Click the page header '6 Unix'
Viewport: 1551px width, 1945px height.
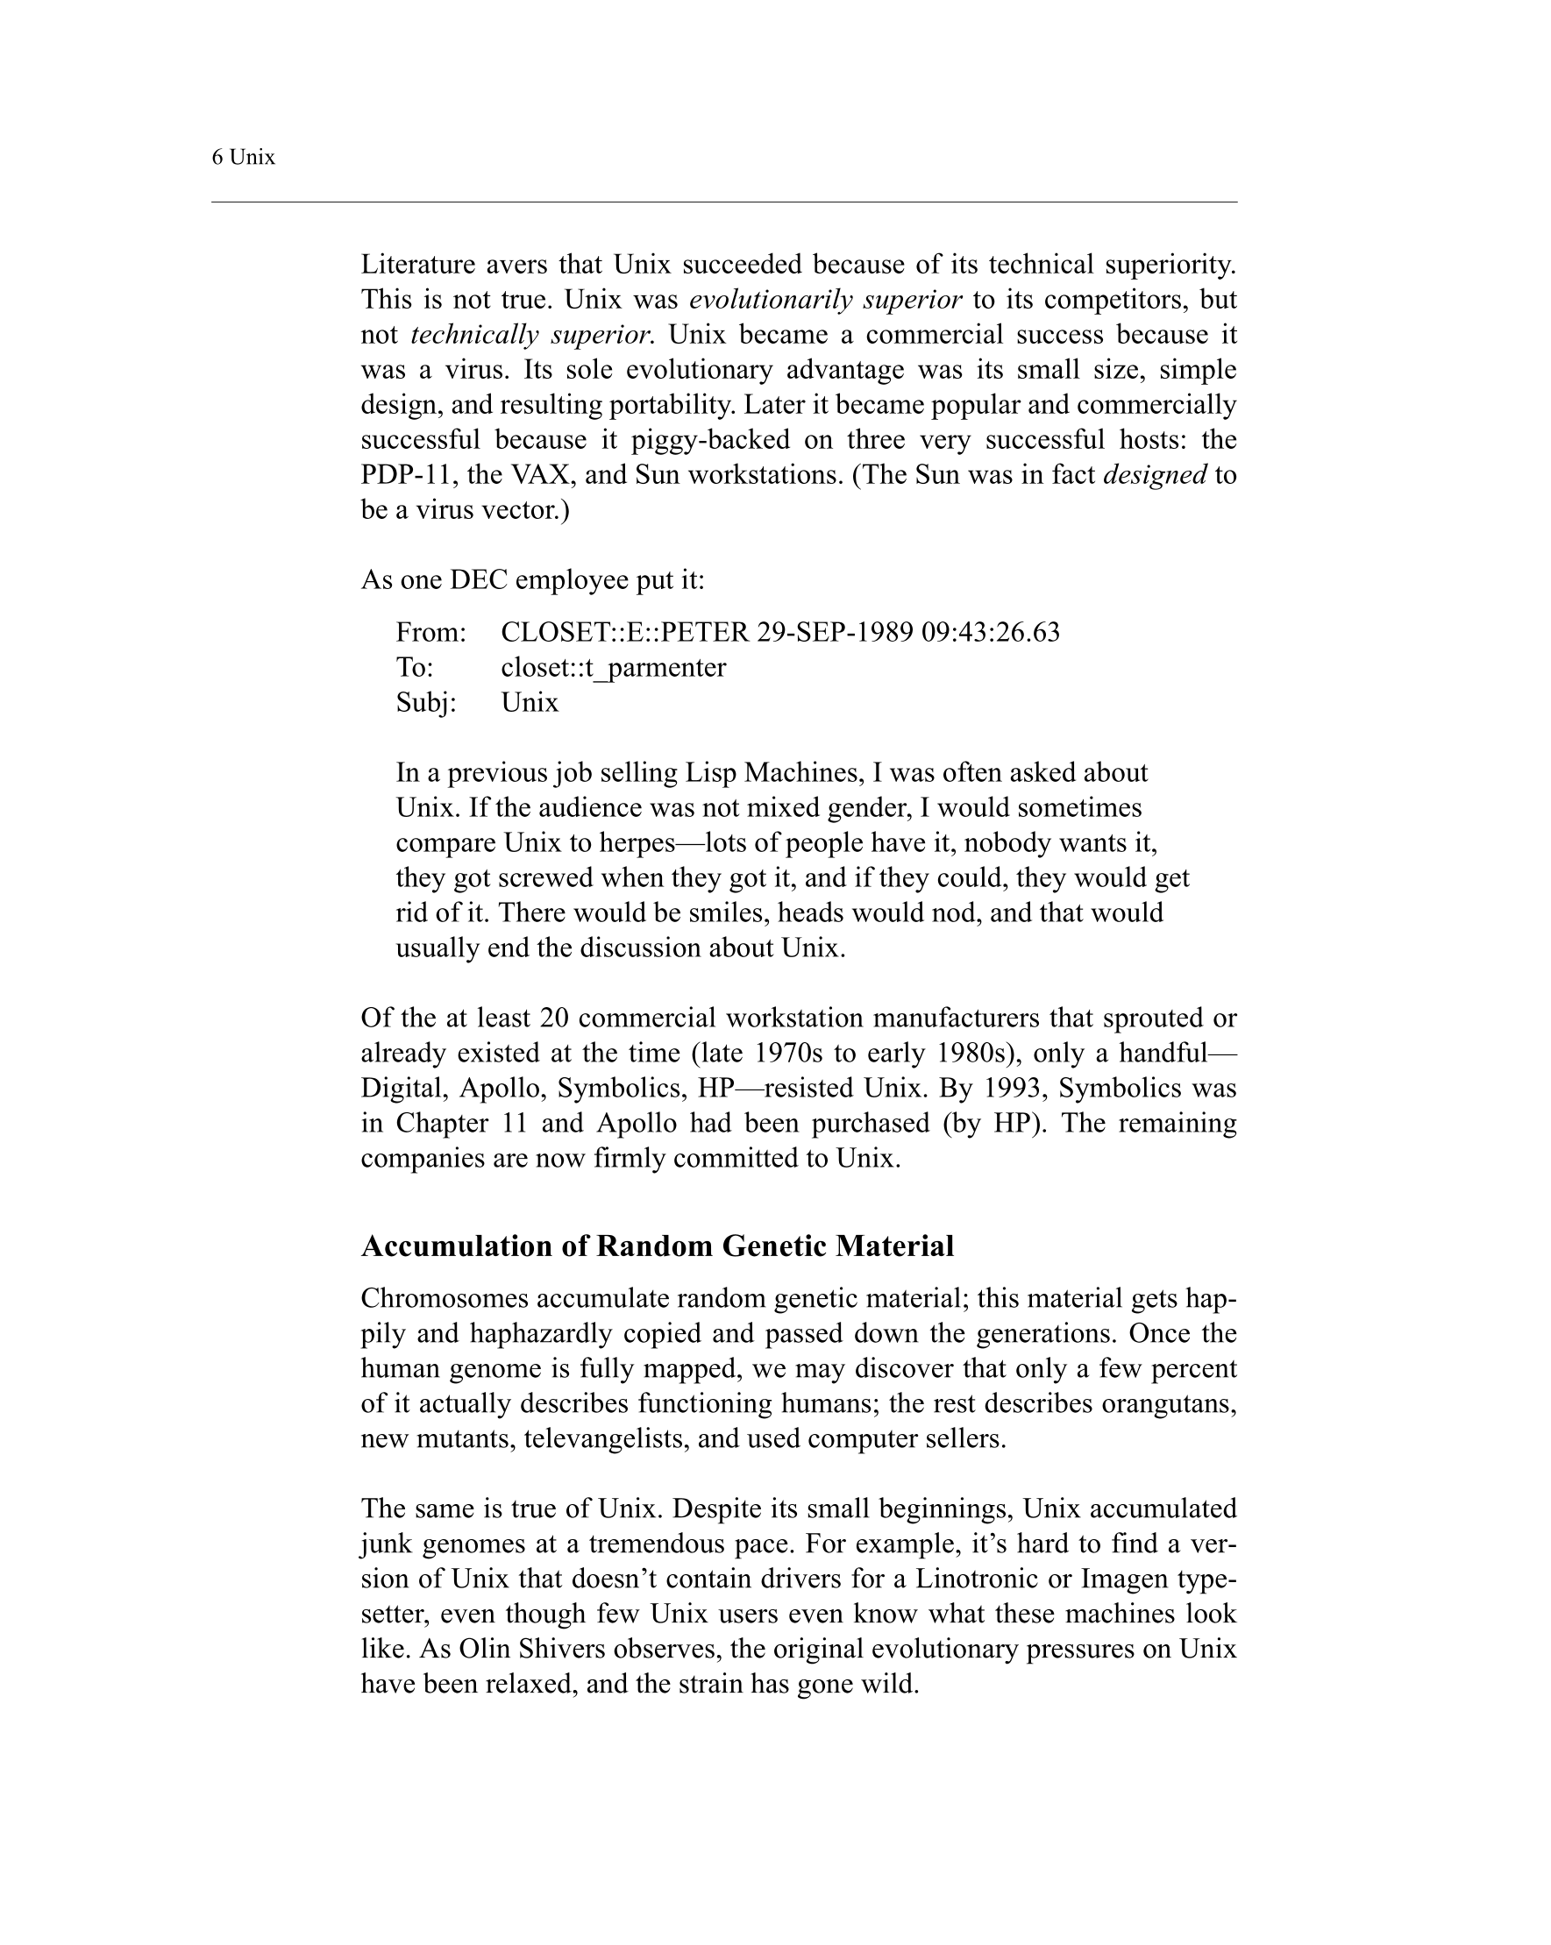243,158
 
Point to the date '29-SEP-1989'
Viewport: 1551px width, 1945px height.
835,632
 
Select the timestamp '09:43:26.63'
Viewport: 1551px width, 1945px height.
991,632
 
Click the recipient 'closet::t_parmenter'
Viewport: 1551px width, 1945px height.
614,668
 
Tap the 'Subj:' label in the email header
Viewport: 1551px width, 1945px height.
426,703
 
